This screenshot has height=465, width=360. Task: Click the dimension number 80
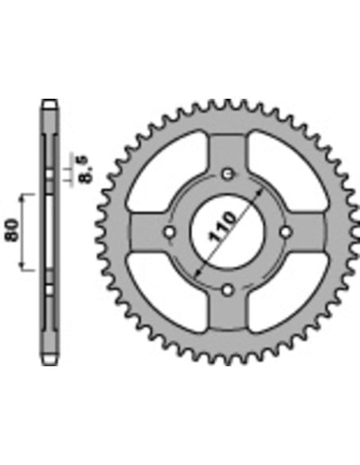(12, 230)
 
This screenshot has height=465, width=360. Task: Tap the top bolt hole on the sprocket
(228, 174)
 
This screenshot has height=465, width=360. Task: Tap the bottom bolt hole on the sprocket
(228, 290)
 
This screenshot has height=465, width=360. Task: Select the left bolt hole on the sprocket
(170, 232)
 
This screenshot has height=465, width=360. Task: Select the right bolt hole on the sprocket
(286, 232)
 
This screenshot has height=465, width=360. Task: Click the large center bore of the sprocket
(228, 232)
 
